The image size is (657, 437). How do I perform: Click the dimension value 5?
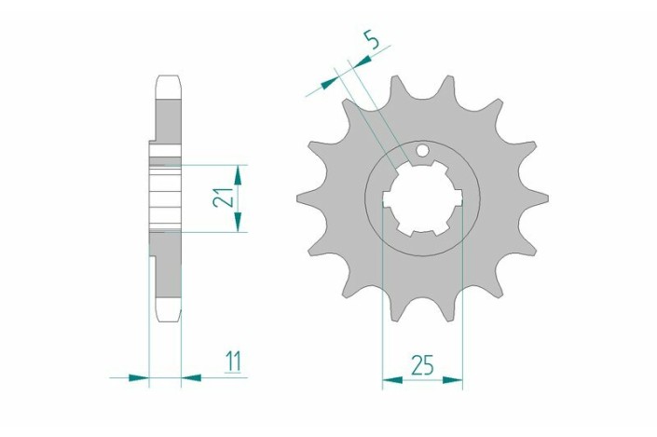click(372, 40)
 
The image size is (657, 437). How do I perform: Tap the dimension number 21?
click(223, 196)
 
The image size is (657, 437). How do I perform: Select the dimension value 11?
click(233, 362)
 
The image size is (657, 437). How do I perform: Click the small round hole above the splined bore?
click(422, 150)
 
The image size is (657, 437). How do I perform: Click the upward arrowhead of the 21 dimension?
click(238, 175)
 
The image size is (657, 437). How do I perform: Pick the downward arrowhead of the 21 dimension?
click(238, 222)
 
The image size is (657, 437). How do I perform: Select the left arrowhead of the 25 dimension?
click(392, 380)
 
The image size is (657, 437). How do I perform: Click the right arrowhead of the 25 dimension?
click(453, 380)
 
